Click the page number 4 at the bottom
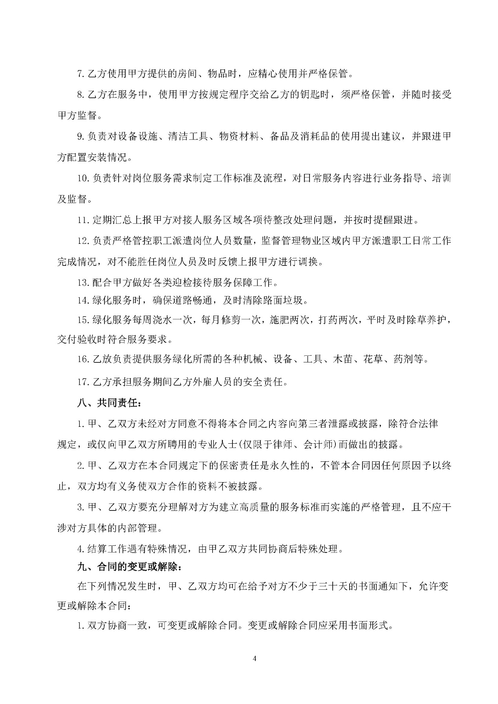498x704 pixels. click(x=255, y=658)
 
